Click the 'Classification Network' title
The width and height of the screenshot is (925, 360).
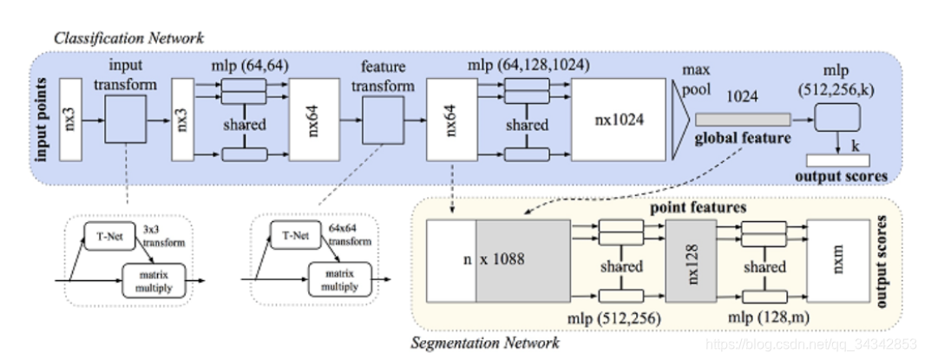pyautogui.click(x=128, y=38)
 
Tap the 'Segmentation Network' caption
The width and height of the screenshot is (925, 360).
pyautogui.click(x=484, y=343)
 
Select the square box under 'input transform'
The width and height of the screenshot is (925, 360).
pyautogui.click(x=126, y=119)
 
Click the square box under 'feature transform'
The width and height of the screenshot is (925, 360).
pyautogui.click(x=383, y=121)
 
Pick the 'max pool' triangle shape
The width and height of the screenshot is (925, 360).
pyautogui.click(x=680, y=120)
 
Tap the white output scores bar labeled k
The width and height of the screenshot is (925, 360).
pyautogui.click(x=837, y=160)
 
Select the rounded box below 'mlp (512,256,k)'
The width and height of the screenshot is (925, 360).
pyautogui.click(x=837, y=117)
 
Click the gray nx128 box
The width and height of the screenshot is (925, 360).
pyautogui.click(x=691, y=261)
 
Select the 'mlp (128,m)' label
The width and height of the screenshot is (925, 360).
pyautogui.click(x=767, y=317)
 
